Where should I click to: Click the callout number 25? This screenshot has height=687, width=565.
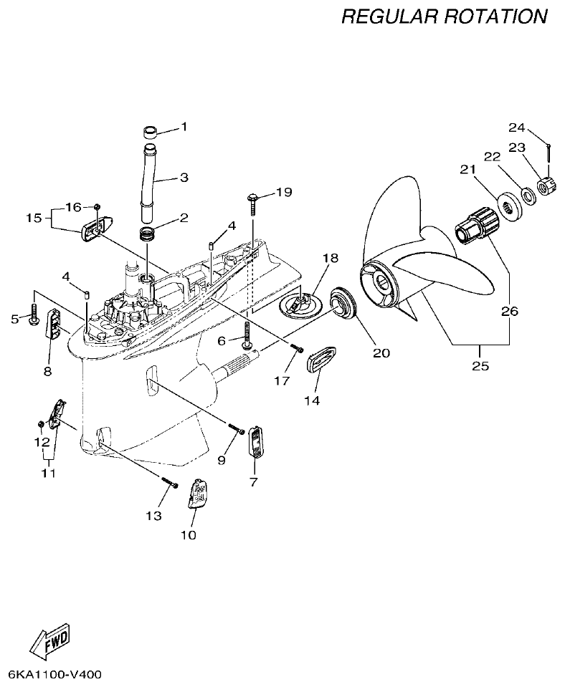[x=480, y=365]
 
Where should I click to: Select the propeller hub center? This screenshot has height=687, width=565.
[x=380, y=283]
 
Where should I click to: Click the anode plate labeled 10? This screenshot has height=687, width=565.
[x=198, y=493]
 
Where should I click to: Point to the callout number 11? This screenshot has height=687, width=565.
[x=48, y=473]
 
